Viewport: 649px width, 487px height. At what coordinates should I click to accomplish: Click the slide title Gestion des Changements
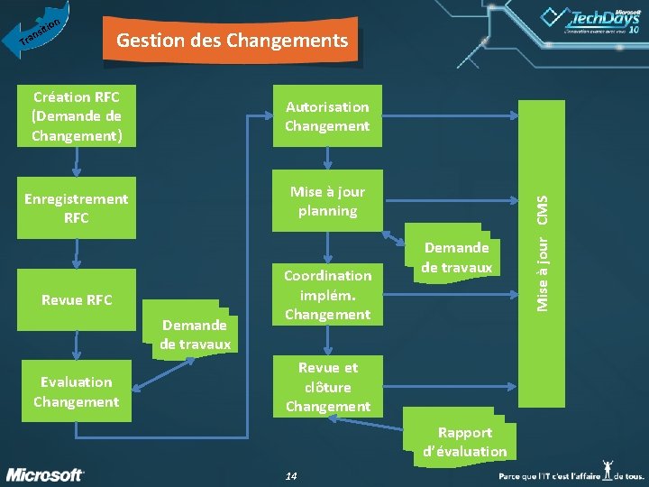(232, 41)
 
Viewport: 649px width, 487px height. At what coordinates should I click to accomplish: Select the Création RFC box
(77, 116)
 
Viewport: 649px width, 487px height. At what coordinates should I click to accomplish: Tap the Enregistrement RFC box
(77, 208)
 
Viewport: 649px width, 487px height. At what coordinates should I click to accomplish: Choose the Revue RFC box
(77, 299)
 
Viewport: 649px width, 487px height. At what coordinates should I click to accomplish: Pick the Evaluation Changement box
(77, 391)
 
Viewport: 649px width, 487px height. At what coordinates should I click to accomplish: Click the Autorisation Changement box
(327, 116)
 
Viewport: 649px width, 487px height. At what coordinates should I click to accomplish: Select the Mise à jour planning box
(327, 201)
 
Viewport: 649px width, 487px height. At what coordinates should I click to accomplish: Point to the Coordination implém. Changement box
(327, 295)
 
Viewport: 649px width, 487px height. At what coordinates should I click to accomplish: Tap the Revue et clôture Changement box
(327, 387)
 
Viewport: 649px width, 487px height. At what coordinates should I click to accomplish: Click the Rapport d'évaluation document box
(465, 442)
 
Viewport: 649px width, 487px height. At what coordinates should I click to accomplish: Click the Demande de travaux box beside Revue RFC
(195, 334)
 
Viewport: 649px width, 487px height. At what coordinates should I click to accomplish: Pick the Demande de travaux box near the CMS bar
(456, 257)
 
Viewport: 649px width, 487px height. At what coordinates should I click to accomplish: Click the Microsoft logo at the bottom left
(45, 474)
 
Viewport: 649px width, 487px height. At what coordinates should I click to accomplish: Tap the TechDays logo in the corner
(590, 20)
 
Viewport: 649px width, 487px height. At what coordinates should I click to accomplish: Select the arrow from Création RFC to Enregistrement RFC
(77, 161)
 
